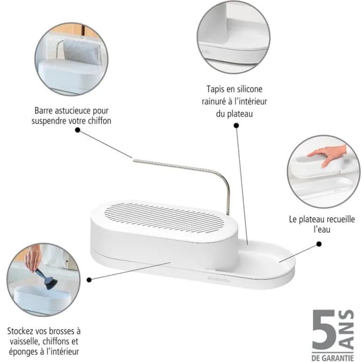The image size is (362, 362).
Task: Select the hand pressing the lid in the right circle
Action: (x=324, y=154)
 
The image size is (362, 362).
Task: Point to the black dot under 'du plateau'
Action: (x=236, y=126)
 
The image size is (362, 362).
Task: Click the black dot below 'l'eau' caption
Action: (x=319, y=244)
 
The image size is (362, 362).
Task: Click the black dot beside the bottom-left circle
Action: (x=89, y=279)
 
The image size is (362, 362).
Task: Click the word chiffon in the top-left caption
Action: (x=100, y=121)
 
